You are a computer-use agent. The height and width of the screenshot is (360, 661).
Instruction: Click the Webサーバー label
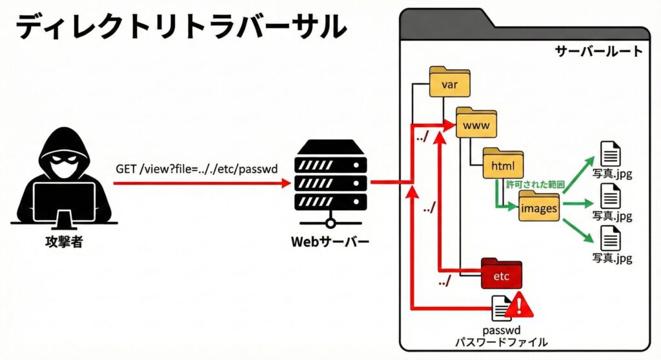(x=330, y=243)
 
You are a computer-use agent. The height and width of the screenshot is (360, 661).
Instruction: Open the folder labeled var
(x=450, y=83)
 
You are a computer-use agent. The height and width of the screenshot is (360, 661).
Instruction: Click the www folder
(x=476, y=124)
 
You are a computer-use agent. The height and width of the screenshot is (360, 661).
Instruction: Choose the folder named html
(x=502, y=165)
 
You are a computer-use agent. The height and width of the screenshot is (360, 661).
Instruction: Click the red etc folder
(x=502, y=275)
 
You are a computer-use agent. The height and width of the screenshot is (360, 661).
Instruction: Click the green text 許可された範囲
(x=535, y=185)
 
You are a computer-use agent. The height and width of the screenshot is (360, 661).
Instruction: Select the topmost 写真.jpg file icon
(x=611, y=154)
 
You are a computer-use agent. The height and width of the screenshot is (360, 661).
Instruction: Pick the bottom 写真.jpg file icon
(x=611, y=238)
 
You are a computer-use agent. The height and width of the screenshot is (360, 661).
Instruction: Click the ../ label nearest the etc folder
(x=445, y=281)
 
